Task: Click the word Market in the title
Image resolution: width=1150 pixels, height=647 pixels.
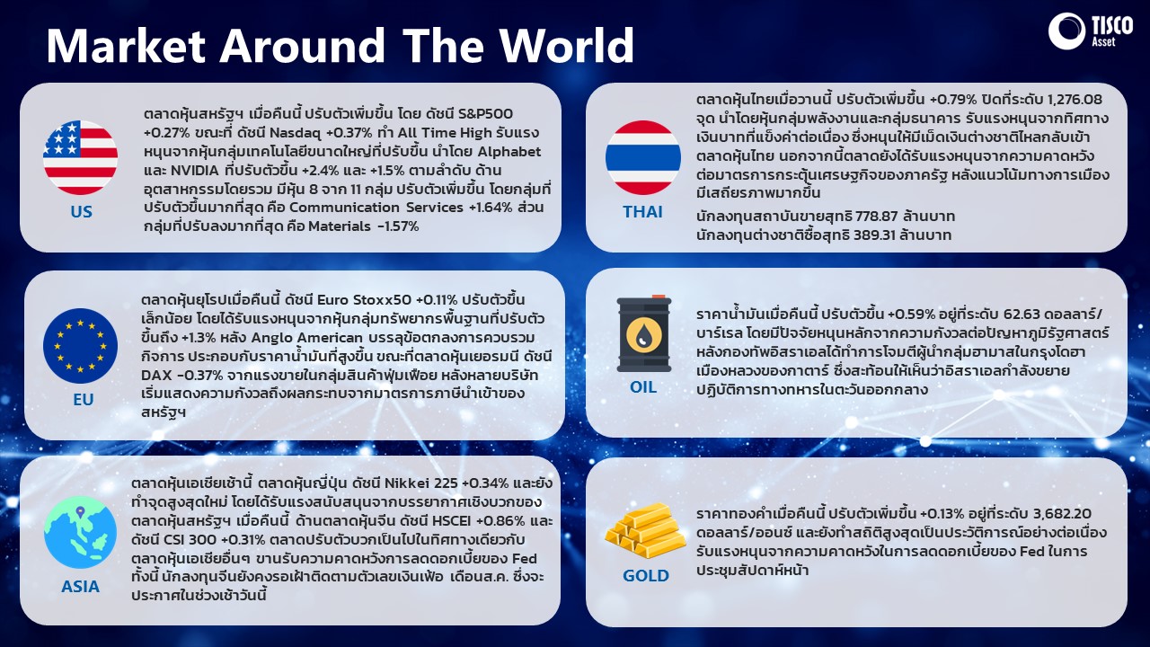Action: tap(127, 46)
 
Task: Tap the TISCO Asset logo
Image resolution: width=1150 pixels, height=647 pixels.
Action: tap(1090, 31)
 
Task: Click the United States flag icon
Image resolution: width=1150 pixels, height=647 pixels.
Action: tap(81, 157)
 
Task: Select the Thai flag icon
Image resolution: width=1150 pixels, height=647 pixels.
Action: tap(642, 157)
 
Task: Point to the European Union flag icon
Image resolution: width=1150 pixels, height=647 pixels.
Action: tap(81, 346)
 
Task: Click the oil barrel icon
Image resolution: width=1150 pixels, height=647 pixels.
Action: tap(644, 333)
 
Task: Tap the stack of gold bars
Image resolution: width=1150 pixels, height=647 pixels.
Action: tap(645, 531)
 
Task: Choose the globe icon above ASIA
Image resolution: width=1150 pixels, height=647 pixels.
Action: tap(80, 532)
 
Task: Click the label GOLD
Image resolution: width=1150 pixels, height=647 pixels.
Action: tap(646, 576)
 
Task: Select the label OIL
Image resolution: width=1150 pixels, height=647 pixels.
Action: tap(643, 386)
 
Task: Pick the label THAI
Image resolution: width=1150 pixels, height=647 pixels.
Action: tap(642, 211)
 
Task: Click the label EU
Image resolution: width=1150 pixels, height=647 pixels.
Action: tap(84, 399)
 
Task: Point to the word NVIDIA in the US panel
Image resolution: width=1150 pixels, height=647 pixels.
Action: tap(195, 170)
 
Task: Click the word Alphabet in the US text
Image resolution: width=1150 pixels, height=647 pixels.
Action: tap(509, 152)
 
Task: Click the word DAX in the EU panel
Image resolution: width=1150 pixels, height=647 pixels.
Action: tap(156, 375)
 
